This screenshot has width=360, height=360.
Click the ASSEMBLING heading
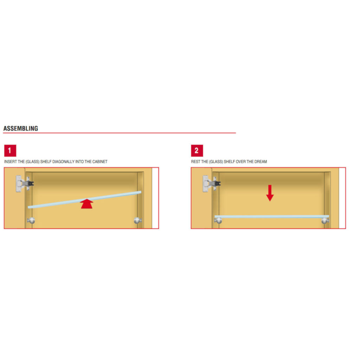click(21, 128)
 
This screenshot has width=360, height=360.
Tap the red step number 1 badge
click(10, 150)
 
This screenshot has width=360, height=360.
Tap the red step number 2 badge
click(197, 150)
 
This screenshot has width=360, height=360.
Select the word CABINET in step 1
click(100, 162)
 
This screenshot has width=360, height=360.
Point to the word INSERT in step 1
click(10, 162)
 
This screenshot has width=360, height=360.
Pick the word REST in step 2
click(195, 162)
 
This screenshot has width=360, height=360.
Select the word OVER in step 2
click(241, 162)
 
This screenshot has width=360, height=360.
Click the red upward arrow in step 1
click(87, 204)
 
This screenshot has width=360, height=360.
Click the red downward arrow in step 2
click(270, 193)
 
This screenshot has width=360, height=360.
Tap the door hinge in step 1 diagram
click(25, 184)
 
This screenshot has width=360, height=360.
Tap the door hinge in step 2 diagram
click(211, 184)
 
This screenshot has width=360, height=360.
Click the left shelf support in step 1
click(31, 221)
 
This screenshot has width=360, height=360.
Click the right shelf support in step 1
click(138, 221)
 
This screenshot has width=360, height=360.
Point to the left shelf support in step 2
click(218, 221)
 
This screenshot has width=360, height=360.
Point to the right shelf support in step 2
click(325, 221)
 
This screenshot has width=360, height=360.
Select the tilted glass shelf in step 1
click(84, 200)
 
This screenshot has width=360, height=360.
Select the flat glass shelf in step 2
click(272, 217)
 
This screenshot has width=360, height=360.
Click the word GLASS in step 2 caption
click(216, 162)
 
